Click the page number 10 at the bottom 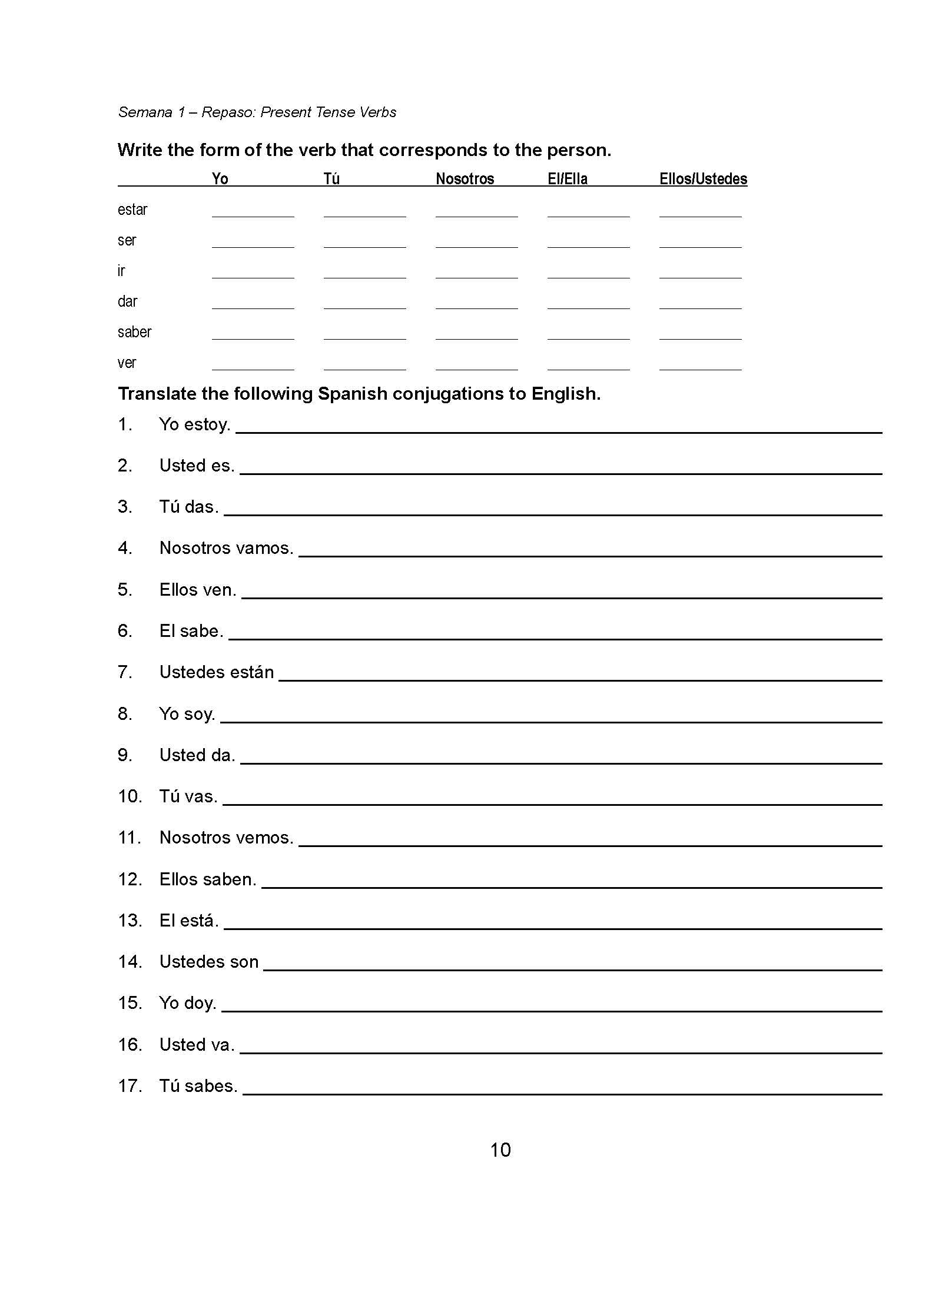click(500, 1150)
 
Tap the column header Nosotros click(465, 179)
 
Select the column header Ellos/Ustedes click(703, 179)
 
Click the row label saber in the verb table click(134, 333)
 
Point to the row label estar click(132, 210)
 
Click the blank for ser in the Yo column click(253, 241)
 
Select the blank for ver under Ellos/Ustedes click(700, 363)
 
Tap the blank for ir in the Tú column click(364, 271)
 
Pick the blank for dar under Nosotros click(476, 302)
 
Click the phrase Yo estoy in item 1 click(194, 424)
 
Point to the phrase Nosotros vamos click(226, 548)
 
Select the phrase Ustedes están click(217, 672)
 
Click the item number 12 click(130, 879)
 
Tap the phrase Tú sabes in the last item click(198, 1086)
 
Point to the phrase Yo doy click(187, 1003)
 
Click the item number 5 click(125, 590)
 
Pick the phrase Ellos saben click(207, 879)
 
